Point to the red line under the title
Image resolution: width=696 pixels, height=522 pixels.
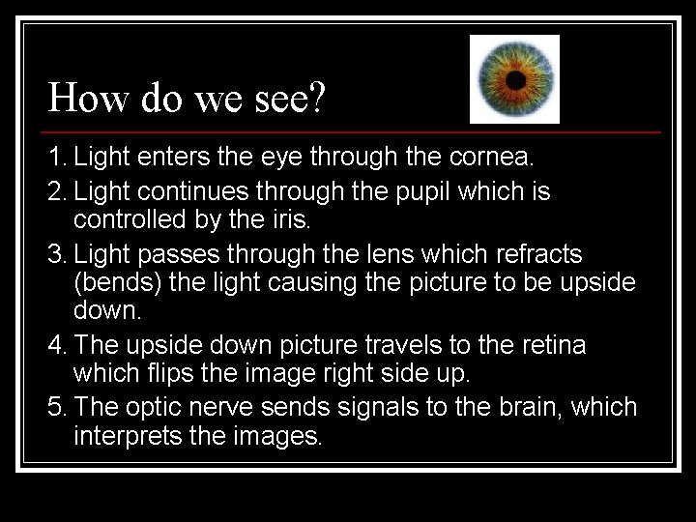(x=353, y=130)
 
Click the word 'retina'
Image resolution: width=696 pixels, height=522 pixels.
(x=551, y=344)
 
